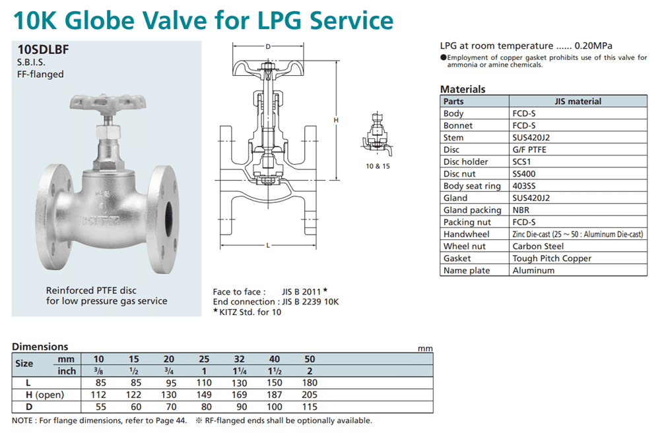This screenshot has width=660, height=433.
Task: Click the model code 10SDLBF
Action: point(43,49)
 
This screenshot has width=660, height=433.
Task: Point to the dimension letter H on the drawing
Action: point(336,120)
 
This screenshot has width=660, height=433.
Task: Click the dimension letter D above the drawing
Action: point(268,46)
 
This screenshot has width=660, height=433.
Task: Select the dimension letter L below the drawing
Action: point(268,246)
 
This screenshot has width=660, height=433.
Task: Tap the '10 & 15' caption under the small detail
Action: point(378,166)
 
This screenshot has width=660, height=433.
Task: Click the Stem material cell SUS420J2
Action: point(531,138)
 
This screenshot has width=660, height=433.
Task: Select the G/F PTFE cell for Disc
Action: point(529,150)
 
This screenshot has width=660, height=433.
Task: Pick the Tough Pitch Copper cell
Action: point(551,258)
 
